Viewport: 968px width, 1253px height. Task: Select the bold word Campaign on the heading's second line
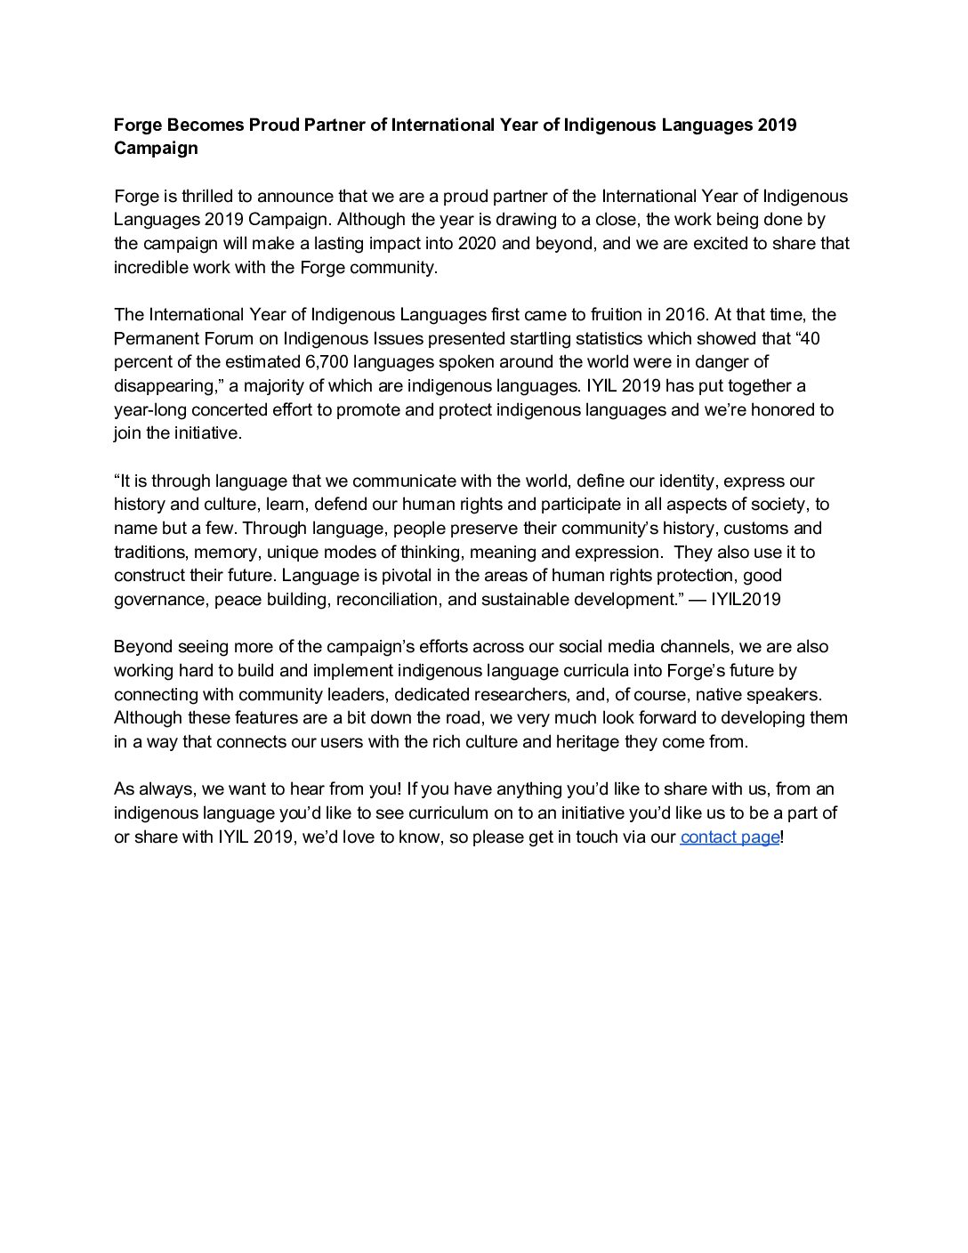click(x=156, y=149)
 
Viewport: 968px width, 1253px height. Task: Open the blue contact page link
click(x=730, y=837)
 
